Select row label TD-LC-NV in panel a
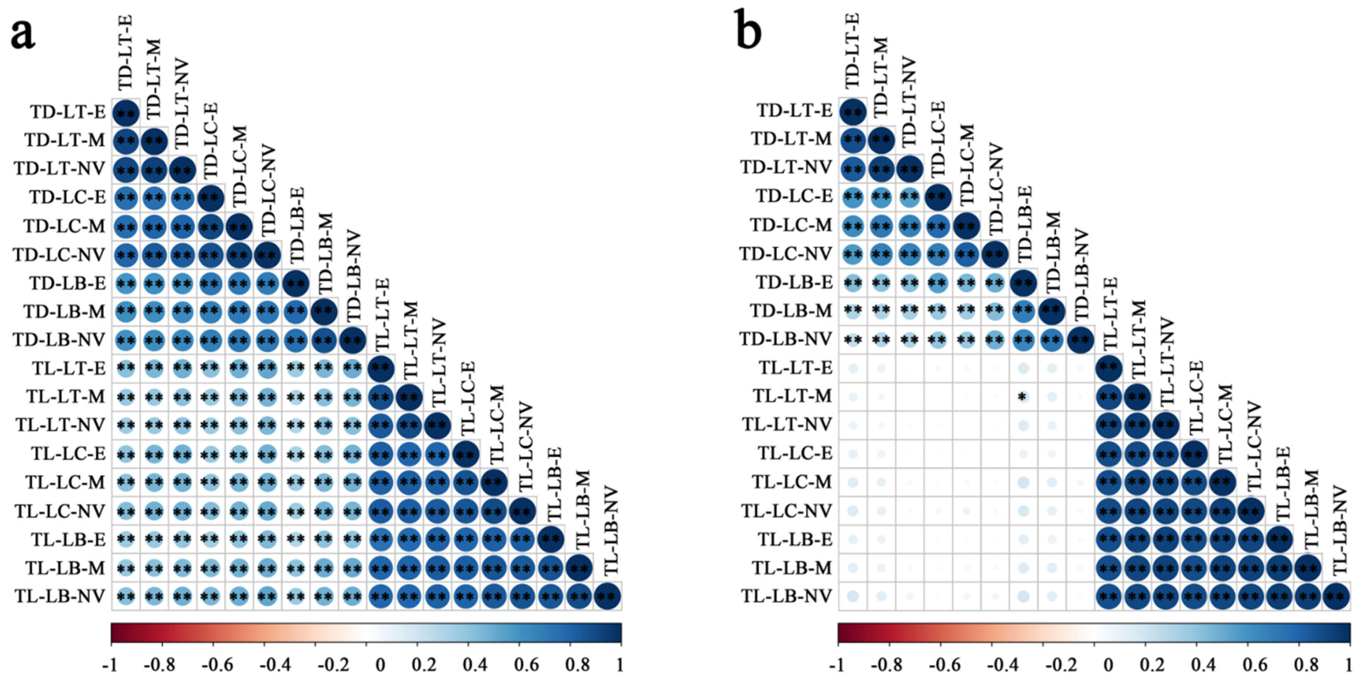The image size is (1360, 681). point(59,255)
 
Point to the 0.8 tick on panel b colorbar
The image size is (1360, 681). point(1306,664)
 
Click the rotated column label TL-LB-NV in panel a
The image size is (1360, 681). point(611,531)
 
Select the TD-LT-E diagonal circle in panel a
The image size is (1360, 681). point(126,112)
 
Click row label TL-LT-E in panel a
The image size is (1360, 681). point(69,368)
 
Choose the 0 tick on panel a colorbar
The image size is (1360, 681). point(380,664)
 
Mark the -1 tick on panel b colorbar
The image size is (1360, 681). point(837,664)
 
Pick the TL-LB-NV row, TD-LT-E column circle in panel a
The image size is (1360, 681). point(126,596)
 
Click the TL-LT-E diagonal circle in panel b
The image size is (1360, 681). point(1108,368)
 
